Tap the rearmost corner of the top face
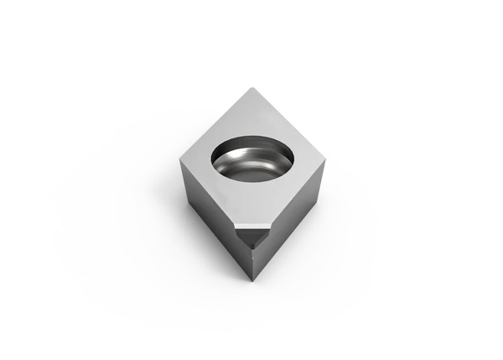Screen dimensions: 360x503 point(251,89)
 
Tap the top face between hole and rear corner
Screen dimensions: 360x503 point(251,113)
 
